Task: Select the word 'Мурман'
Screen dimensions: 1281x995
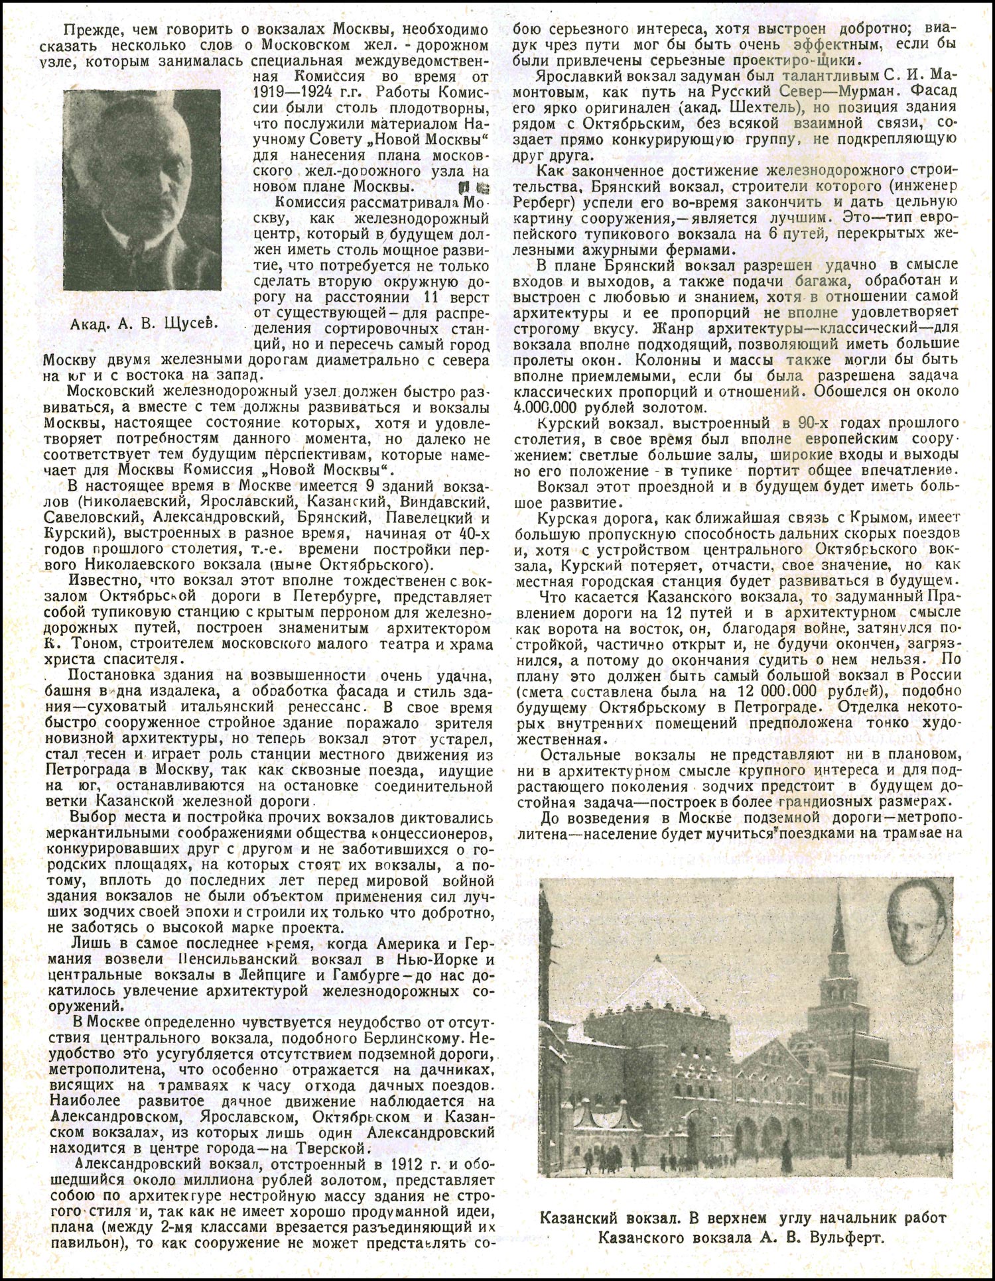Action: coord(876,91)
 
